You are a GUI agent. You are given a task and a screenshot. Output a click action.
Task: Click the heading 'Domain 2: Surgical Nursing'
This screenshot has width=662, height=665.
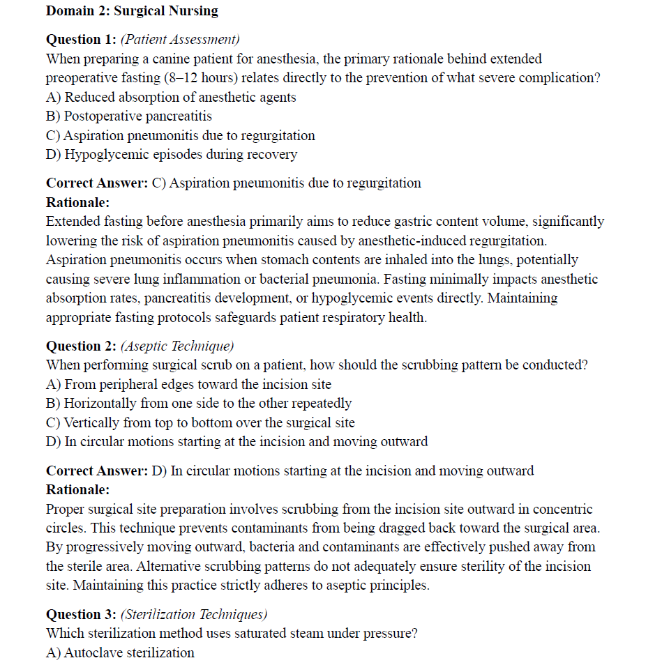click(132, 11)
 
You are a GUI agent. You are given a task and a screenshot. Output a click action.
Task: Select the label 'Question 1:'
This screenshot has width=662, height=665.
click(81, 40)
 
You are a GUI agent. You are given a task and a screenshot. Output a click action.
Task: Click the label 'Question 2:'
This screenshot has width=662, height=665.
click(81, 346)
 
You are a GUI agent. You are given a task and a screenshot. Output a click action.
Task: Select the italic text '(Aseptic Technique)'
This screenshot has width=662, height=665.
click(177, 346)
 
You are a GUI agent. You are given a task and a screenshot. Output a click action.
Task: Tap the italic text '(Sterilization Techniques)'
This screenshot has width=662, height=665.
click(194, 615)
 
